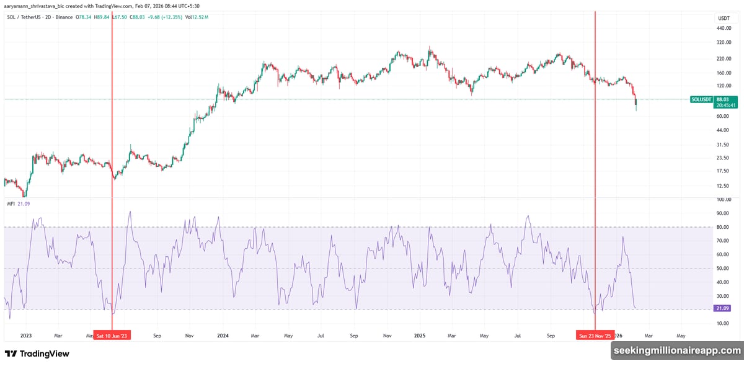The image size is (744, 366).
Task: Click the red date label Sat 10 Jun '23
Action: coord(112,336)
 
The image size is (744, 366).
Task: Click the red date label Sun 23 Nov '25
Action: coord(595,336)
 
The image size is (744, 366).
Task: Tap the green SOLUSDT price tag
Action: coord(701,99)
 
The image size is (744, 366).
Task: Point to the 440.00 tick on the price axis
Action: coord(724,29)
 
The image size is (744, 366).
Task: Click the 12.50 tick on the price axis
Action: coord(722,186)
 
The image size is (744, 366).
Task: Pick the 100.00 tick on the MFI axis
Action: coord(723,200)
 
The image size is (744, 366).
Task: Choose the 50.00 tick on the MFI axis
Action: coord(722,268)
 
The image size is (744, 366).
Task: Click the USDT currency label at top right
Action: coord(724,19)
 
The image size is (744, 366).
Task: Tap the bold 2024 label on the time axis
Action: coord(223,336)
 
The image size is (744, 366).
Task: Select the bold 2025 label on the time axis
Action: coord(419,336)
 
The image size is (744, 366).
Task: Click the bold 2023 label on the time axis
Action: coord(26,336)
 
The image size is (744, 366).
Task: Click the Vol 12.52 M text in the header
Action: coord(197,17)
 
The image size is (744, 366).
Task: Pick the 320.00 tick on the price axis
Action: coord(724,43)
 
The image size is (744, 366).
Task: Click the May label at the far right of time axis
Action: coord(681,336)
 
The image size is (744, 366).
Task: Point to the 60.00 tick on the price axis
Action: coord(722,116)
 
